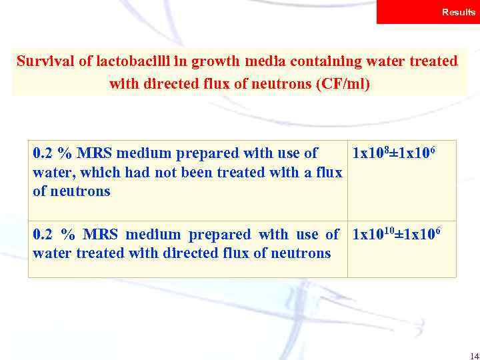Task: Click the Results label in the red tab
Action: [458, 13]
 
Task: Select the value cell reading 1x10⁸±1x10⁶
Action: [393, 153]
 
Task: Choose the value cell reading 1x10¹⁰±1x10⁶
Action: [396, 235]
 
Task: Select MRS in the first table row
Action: [93, 153]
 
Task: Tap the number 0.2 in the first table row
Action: [43, 153]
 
